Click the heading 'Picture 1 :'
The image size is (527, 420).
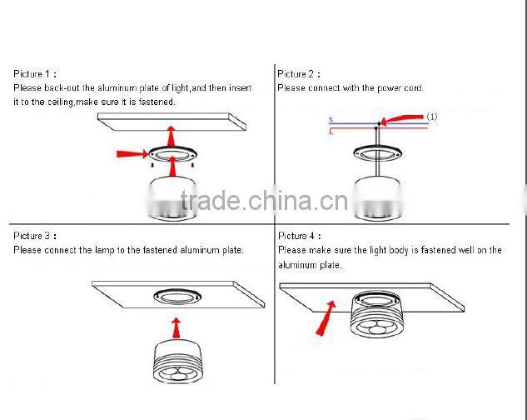(36, 74)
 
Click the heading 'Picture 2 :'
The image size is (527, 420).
(296, 74)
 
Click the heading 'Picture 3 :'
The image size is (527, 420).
(36, 237)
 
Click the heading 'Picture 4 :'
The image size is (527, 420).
(296, 237)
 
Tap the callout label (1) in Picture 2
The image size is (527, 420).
(432, 117)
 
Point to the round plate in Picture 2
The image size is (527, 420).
(376, 152)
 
